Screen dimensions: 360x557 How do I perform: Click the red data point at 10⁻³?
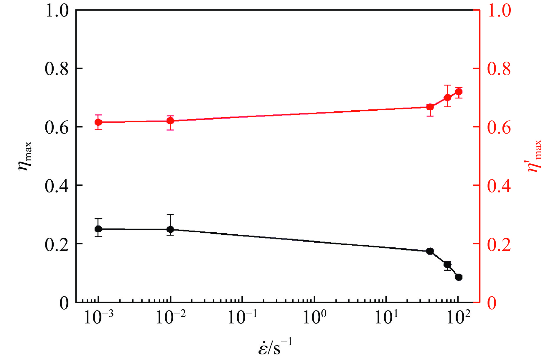[x=98, y=122]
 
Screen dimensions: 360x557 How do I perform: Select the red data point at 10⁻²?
[x=170, y=121]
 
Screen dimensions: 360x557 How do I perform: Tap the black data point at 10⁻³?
[x=98, y=229]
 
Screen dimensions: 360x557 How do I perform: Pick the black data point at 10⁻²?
[x=170, y=229]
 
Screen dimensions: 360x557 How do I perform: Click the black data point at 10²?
[x=459, y=277]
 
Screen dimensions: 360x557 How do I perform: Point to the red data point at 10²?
[x=459, y=92]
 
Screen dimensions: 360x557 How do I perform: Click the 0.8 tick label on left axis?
[x=56, y=69]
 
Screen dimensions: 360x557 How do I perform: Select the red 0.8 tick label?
[x=499, y=69]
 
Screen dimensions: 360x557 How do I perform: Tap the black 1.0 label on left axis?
[x=56, y=11]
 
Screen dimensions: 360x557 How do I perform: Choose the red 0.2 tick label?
[x=499, y=244]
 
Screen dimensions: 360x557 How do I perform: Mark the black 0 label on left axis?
[x=64, y=303]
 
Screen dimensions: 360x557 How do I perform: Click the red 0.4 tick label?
[x=499, y=186]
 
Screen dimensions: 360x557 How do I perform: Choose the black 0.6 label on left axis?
[x=56, y=127]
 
